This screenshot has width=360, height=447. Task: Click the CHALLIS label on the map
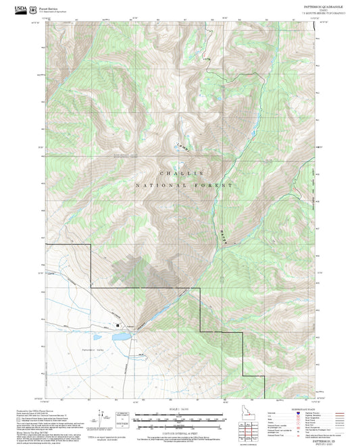[x=182, y=172]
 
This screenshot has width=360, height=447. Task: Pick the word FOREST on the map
[x=213, y=185]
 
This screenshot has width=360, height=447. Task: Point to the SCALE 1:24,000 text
[x=180, y=409]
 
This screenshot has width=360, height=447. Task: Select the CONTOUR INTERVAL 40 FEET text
[x=180, y=436]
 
